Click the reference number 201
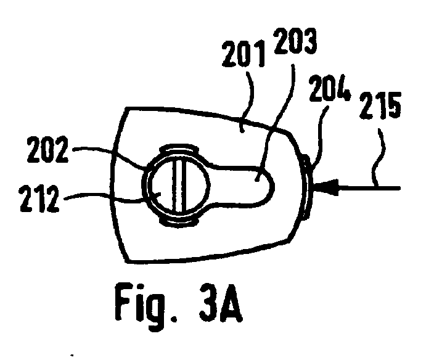point(244,54)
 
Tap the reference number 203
point(295,41)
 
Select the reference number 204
point(330,88)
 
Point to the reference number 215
point(380,105)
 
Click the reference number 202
point(47,149)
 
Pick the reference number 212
point(39,198)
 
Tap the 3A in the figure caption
point(221,303)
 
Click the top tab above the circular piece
point(179,149)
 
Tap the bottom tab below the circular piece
point(179,222)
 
